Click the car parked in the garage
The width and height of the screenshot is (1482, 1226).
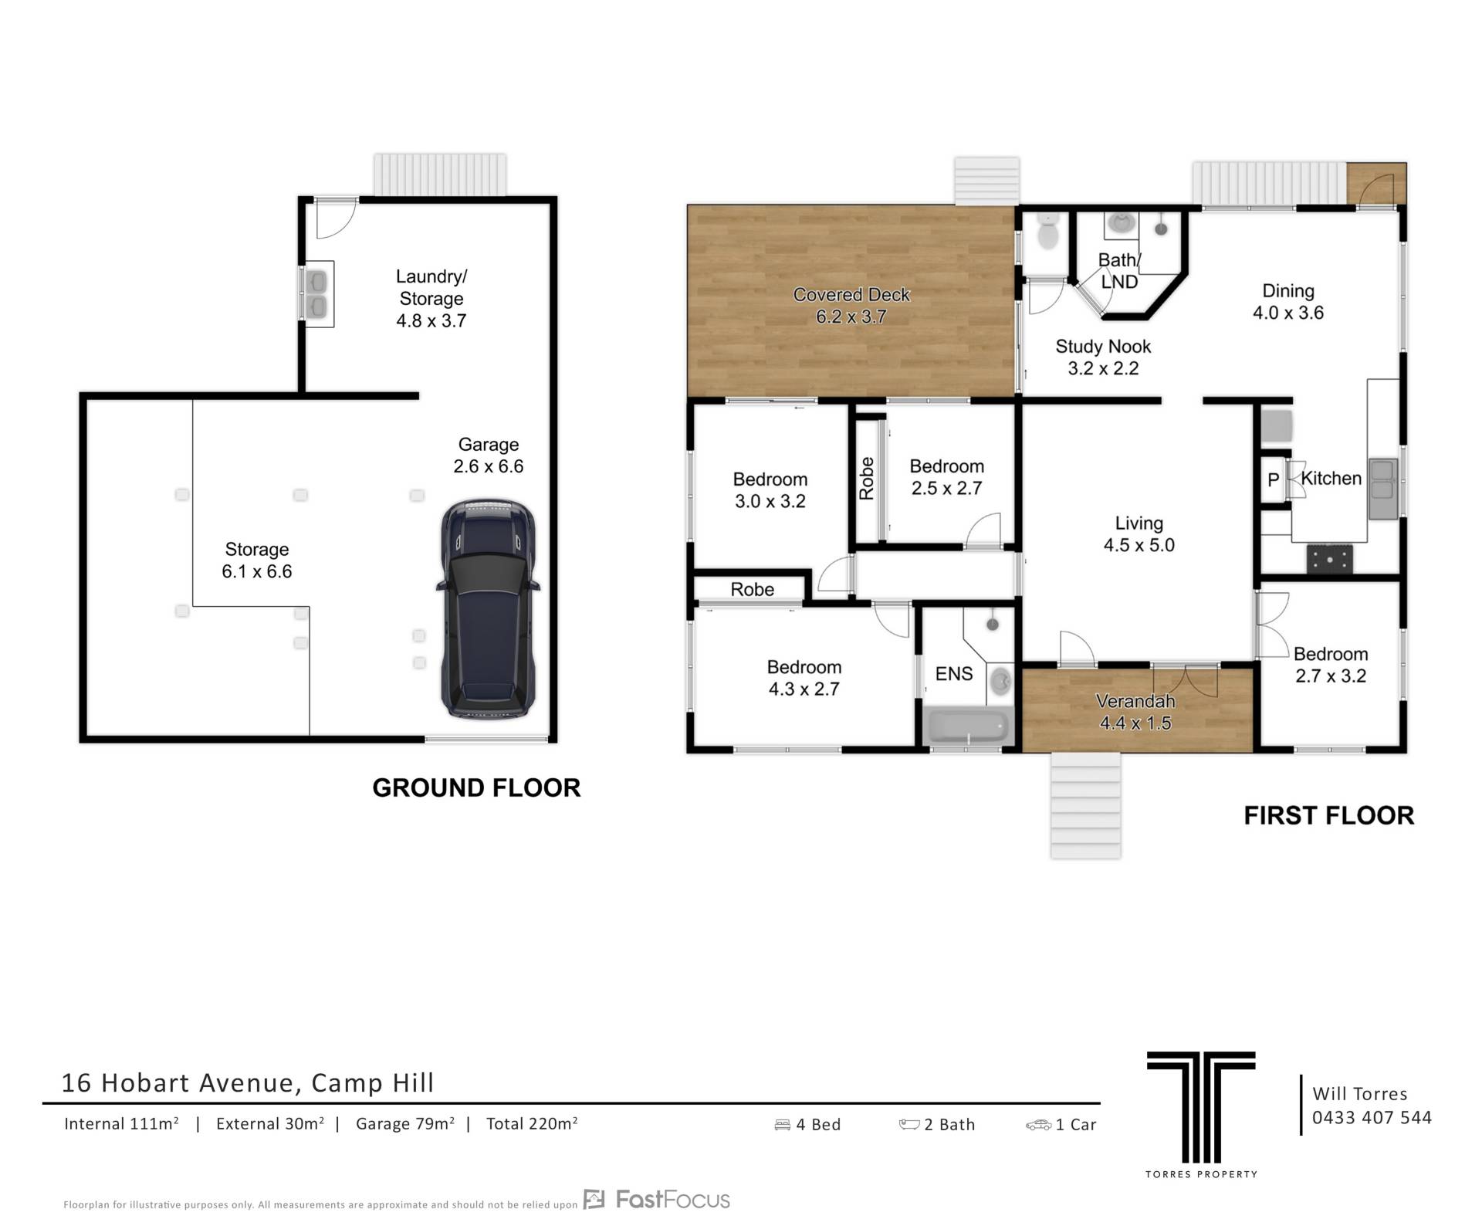click(x=488, y=609)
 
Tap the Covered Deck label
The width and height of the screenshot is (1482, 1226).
click(x=851, y=306)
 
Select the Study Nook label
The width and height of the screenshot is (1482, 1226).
click(x=1103, y=357)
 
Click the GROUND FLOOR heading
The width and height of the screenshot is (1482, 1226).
click(x=476, y=787)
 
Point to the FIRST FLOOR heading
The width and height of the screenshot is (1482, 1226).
click(x=1328, y=815)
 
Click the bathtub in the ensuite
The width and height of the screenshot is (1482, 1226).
click(x=968, y=726)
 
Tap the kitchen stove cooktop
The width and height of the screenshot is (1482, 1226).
click(x=1329, y=559)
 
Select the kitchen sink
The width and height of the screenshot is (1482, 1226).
click(x=1383, y=489)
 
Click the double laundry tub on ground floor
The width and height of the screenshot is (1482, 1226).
click(x=317, y=294)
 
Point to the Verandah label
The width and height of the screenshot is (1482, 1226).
click(x=1135, y=701)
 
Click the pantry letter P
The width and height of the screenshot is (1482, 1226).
click(x=1274, y=479)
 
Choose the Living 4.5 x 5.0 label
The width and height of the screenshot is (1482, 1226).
click(x=1139, y=534)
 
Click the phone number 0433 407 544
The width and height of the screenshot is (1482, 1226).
click(x=1372, y=1117)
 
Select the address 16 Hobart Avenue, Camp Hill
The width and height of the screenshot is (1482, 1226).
click(x=247, y=1082)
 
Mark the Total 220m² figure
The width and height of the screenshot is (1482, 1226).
click(x=532, y=1123)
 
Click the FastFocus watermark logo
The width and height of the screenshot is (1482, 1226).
click(x=657, y=1199)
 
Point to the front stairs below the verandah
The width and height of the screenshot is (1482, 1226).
click(x=1085, y=805)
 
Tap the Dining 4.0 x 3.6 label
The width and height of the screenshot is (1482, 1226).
click(x=1287, y=302)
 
